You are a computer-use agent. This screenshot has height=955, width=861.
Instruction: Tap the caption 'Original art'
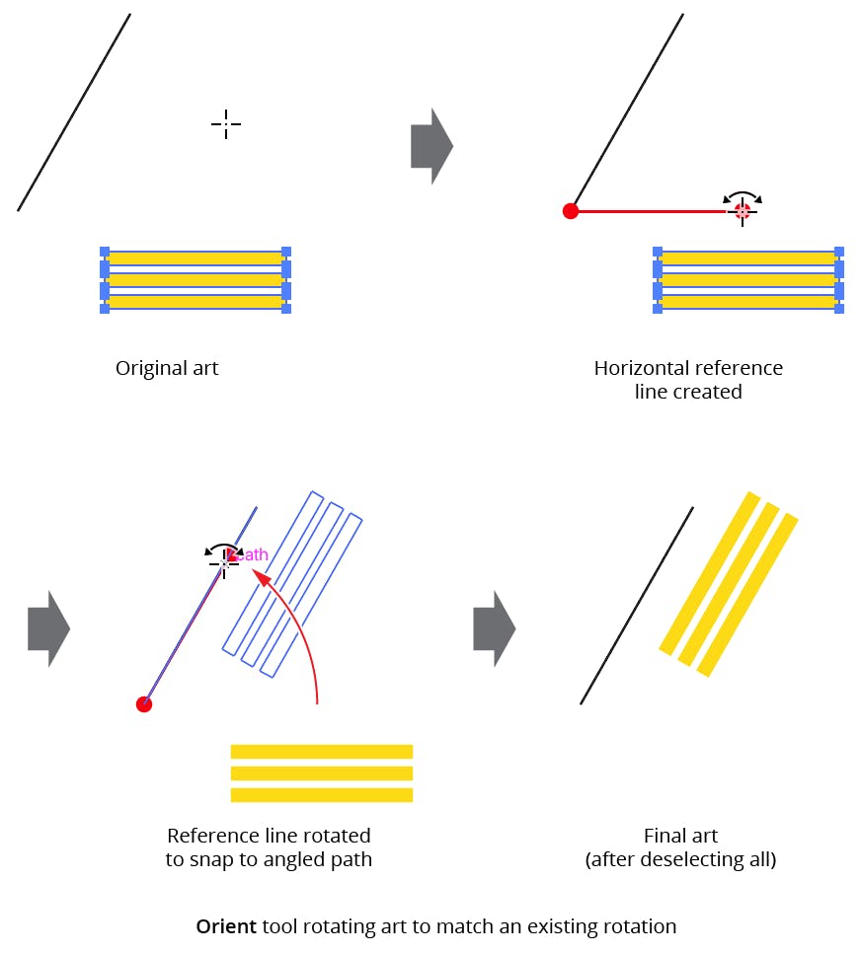tap(167, 368)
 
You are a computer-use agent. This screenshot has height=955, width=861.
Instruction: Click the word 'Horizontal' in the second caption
tap(638, 368)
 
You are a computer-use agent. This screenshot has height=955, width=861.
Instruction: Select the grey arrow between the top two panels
tap(431, 146)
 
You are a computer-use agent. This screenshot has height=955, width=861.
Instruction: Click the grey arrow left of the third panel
tap(48, 628)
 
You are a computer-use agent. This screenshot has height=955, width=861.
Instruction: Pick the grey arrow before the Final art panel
tap(494, 628)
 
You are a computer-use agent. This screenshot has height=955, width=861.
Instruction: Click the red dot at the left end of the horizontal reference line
tap(570, 210)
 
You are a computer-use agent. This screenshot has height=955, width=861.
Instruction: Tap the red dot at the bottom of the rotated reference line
tap(144, 703)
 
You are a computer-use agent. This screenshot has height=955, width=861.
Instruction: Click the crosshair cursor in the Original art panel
tap(226, 124)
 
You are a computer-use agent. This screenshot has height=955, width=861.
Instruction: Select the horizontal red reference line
tap(652, 210)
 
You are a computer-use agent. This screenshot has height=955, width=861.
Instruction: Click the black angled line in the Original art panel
tap(74, 111)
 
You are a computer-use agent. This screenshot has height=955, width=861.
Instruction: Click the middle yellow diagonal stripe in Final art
tap(729, 585)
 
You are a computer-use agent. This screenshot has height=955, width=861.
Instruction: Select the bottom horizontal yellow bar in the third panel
tap(321, 794)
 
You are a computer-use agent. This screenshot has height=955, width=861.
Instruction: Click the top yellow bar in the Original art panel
tap(195, 258)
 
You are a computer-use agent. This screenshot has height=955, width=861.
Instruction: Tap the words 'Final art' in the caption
tap(680, 836)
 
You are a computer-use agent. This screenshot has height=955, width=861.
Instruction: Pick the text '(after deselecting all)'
tap(680, 859)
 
